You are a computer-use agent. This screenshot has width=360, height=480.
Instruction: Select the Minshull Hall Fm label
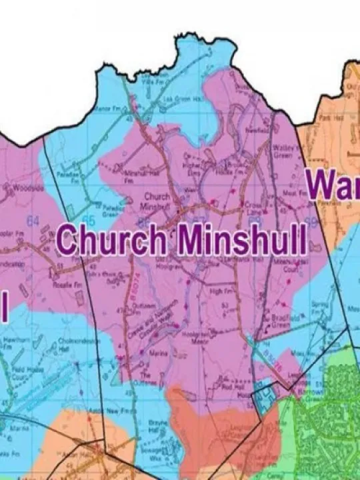click(x=133, y=175)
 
